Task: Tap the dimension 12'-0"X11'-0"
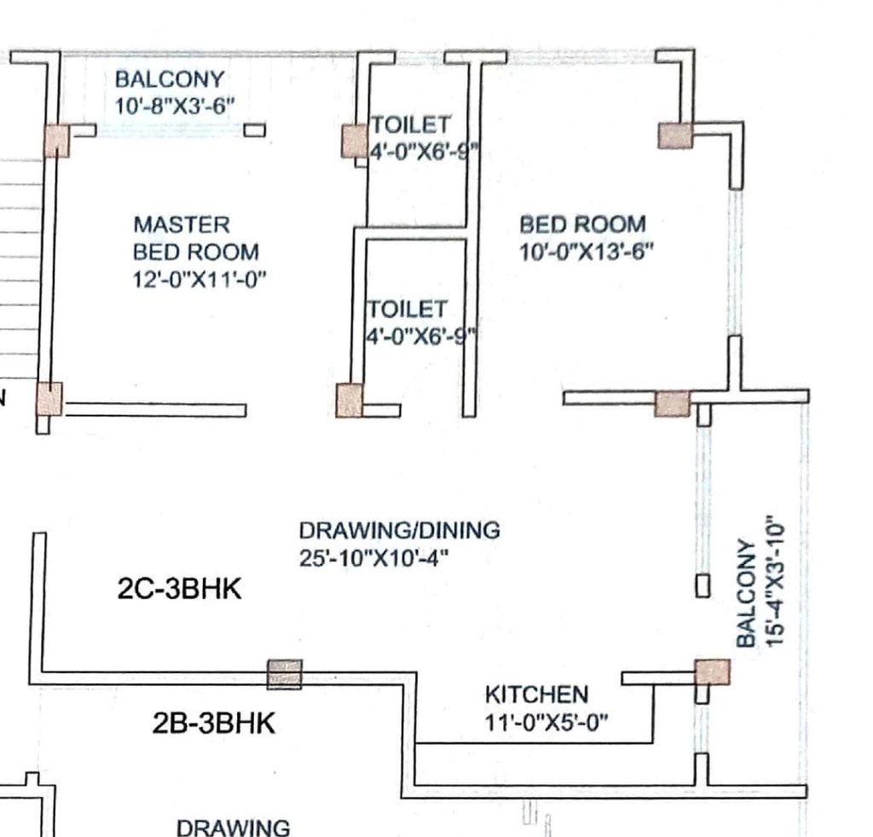(199, 279)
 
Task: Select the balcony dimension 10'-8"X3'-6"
(175, 105)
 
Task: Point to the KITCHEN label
(537, 695)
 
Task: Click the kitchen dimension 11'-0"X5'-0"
(546, 723)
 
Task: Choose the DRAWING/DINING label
(400, 531)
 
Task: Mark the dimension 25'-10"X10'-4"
(373, 558)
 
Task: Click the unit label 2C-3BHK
(179, 589)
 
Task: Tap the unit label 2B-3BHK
(214, 724)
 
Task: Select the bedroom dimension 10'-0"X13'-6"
(586, 252)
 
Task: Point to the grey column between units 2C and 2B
(285, 674)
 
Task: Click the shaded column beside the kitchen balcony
(712, 672)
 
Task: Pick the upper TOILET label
(411, 125)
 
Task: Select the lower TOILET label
(408, 309)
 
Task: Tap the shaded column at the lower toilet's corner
(350, 400)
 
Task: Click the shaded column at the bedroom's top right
(675, 136)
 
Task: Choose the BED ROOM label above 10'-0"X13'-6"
(583, 224)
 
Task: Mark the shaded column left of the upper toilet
(355, 141)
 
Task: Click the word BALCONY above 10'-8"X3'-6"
(170, 79)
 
